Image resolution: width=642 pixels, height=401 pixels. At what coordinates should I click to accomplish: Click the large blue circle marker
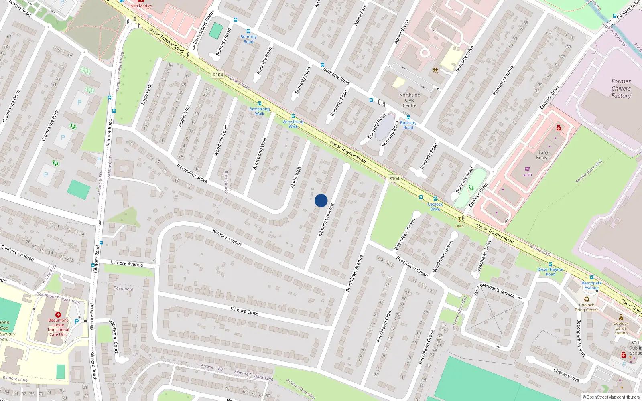tap(321, 200)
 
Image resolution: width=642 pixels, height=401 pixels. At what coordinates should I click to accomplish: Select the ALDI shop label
tap(528, 175)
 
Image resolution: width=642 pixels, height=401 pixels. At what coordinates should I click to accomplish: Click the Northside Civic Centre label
tap(410, 100)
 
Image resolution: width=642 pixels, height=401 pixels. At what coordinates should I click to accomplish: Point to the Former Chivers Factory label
tap(621, 89)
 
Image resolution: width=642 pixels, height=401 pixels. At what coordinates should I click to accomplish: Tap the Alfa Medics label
tap(141, 6)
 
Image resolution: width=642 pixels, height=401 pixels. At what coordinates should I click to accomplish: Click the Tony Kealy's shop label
tap(543, 155)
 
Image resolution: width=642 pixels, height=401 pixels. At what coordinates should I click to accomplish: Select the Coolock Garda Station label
tap(621, 328)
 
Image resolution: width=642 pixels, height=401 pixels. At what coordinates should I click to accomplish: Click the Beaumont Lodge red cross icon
tap(58, 315)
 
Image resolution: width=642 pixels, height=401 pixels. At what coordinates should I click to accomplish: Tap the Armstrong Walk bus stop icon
tap(260, 103)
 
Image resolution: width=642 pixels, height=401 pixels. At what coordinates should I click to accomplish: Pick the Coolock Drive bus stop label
tap(435, 207)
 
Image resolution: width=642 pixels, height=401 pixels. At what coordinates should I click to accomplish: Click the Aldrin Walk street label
tap(296, 178)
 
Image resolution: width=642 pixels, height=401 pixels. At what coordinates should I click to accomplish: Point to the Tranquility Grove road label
tap(192, 173)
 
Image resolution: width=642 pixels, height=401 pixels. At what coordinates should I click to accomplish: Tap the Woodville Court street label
tap(221, 140)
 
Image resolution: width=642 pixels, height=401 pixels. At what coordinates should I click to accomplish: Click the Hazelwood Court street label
tap(114, 336)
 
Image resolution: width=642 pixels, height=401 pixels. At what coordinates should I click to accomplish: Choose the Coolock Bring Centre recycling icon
tap(587, 299)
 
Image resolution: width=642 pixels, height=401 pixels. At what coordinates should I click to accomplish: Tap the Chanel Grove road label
tap(566, 375)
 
